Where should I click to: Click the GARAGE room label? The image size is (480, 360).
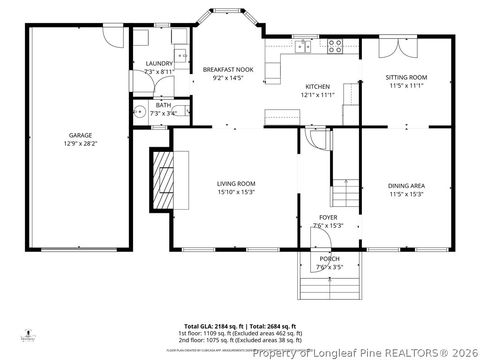[x=80, y=134]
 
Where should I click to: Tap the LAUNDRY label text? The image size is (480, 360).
[x=159, y=63]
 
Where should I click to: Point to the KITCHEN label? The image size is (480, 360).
[x=318, y=87]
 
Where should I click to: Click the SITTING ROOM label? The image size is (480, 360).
[x=406, y=77]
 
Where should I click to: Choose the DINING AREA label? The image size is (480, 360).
[x=406, y=185]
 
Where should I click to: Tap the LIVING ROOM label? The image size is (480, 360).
[x=237, y=183]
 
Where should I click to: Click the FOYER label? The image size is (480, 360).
[x=328, y=217]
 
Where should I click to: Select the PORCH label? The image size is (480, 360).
[x=329, y=259]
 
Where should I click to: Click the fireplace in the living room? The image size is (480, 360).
[x=162, y=180]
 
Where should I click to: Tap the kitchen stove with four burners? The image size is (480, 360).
[x=334, y=47]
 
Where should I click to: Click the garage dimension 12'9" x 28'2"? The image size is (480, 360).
[x=80, y=143]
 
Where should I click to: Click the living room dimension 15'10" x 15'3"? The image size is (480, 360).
[x=237, y=192]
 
